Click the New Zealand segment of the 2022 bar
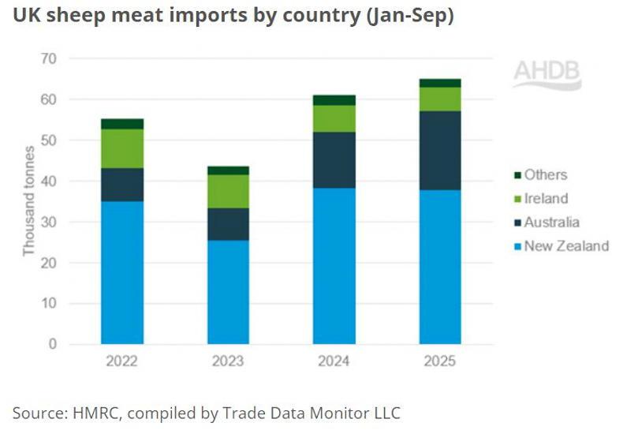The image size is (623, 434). (122, 272)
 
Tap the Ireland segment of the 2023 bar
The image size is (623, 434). (228, 191)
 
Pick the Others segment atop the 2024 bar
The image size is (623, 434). (334, 100)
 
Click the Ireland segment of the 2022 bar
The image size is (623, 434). (122, 148)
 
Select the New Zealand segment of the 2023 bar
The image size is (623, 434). (228, 292)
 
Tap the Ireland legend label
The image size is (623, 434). (547, 199)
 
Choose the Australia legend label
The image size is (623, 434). (553, 223)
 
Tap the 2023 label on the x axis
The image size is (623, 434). (228, 362)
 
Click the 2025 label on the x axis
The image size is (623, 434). (440, 362)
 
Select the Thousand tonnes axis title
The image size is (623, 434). (29, 200)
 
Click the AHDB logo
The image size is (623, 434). (547, 74)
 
